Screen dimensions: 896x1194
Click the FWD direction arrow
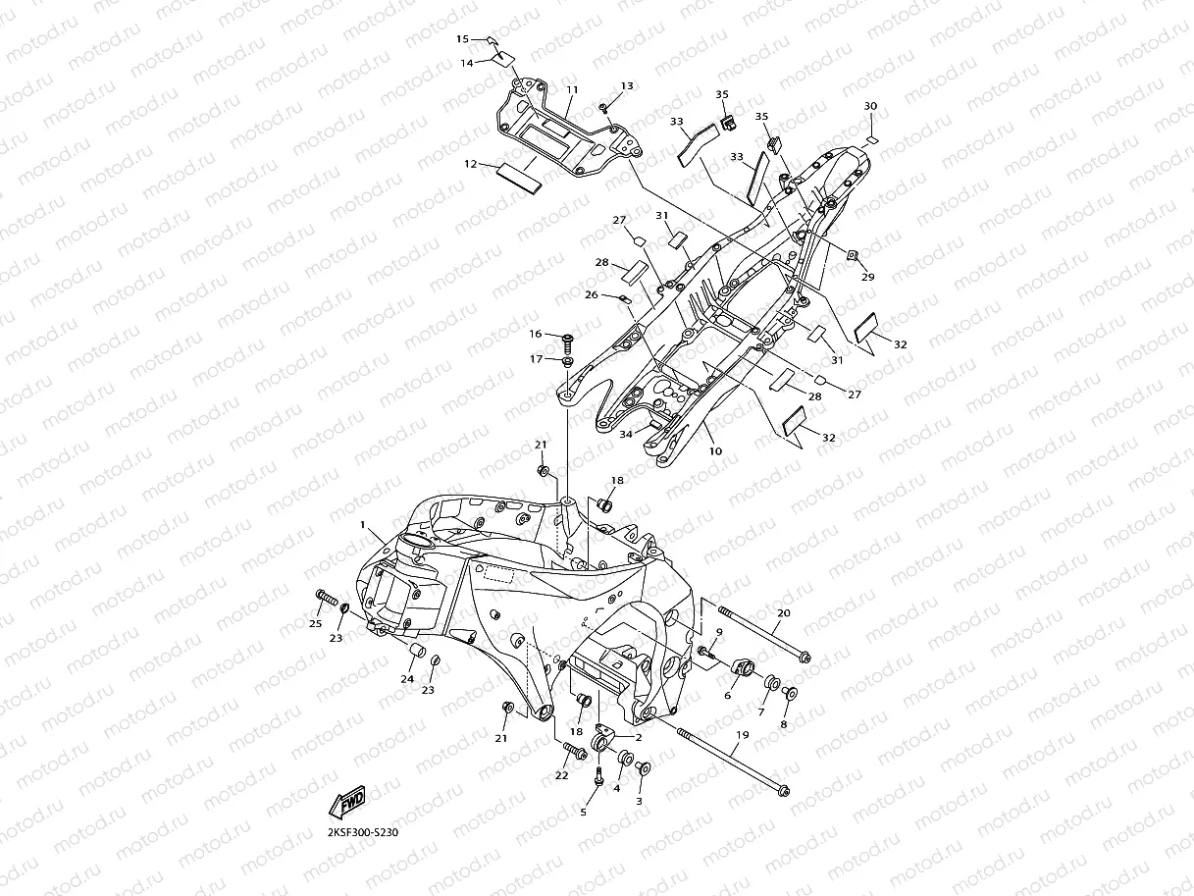348,804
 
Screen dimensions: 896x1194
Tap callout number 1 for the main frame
363,526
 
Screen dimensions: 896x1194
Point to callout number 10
715,451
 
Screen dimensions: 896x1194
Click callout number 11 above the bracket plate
571,90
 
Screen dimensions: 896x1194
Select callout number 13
627,86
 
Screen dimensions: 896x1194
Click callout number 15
463,39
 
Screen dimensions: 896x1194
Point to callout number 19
742,735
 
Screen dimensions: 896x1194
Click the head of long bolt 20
805,657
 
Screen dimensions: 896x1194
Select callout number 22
561,776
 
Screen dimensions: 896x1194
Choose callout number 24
406,679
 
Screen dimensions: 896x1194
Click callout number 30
870,106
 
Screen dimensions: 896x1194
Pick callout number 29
867,278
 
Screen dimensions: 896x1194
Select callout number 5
584,812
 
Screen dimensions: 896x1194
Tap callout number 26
591,294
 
